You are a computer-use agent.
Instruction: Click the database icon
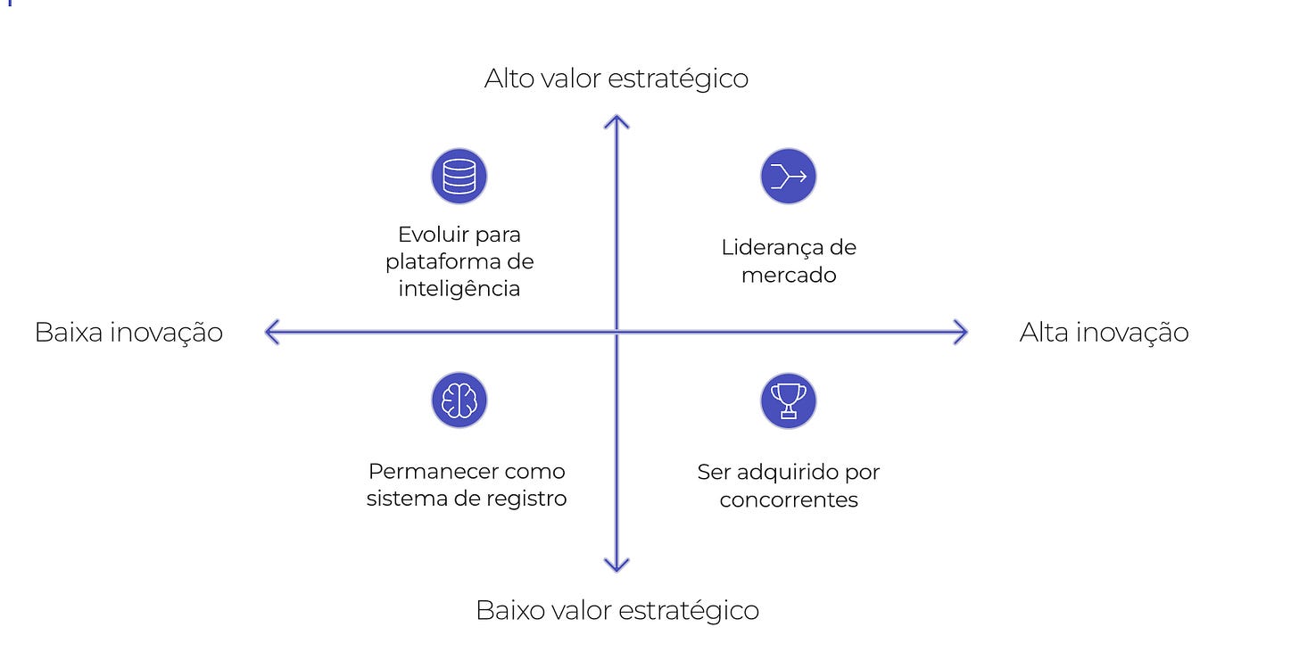click(459, 176)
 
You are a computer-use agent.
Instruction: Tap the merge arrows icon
click(788, 176)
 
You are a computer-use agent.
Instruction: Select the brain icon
click(459, 400)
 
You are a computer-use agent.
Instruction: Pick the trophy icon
click(788, 400)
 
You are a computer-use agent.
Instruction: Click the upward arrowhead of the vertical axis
click(616, 120)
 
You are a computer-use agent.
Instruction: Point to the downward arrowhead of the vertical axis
click(616, 565)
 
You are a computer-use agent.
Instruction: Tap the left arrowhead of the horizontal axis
click(270, 333)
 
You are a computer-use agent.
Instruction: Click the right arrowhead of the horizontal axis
click(962, 333)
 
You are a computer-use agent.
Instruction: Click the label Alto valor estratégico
click(616, 78)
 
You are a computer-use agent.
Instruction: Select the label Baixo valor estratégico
click(616, 611)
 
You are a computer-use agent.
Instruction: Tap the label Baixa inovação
click(128, 333)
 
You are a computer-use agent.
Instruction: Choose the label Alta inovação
click(1104, 333)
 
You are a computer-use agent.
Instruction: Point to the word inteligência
click(459, 289)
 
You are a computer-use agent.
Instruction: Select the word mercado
click(789, 275)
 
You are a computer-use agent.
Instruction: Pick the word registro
click(528, 499)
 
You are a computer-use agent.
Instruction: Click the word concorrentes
click(789, 499)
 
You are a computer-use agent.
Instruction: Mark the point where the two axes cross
click(616, 333)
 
